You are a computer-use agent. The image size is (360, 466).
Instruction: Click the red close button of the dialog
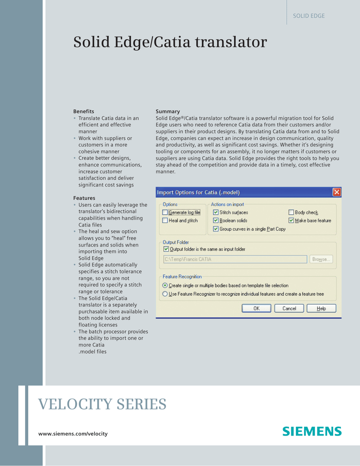pos(337,192)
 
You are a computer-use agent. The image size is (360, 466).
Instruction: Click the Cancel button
pos(289,308)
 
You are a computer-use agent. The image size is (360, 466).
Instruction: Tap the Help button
pos(321,308)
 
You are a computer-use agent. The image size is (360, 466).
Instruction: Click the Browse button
pos(322,259)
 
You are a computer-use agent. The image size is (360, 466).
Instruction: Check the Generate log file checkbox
pos(165,213)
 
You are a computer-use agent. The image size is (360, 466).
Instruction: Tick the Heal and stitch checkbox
pos(165,221)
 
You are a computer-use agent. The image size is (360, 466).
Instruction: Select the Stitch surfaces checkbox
pos(216,213)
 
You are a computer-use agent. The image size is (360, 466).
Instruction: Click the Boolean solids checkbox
pos(216,221)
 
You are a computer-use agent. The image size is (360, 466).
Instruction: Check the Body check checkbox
pos(291,213)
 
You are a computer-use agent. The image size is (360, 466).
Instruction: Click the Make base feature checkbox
pos(291,221)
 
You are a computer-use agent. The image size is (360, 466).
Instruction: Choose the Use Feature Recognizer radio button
pos(165,294)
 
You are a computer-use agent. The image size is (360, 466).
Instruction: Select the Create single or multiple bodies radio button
pos(165,286)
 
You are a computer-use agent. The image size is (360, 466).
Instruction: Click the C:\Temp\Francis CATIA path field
pos(235,259)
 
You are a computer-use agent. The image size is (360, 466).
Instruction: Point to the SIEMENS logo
pos(312,431)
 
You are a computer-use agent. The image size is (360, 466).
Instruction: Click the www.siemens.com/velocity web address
pos(73,434)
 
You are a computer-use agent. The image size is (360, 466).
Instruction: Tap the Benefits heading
pos(84,111)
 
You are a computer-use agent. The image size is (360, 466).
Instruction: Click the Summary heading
pos(167,111)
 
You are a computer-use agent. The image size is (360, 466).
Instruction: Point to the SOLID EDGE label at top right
pos(309,16)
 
